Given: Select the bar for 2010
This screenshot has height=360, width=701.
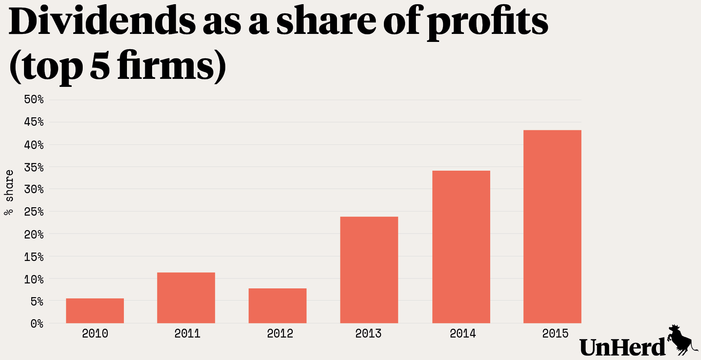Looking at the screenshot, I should point(95,310).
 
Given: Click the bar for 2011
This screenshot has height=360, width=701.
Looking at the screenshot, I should point(186,298).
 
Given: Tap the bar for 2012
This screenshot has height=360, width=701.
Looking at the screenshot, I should point(278,306).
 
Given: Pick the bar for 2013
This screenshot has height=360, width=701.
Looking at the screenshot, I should point(369,270).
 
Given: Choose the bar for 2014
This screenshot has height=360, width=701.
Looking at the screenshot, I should point(461,247).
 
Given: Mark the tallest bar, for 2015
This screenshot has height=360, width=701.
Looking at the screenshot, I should point(552,227).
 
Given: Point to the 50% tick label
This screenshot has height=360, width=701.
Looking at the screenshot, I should point(34,100).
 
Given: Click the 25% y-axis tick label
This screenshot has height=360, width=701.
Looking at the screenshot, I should point(34,212).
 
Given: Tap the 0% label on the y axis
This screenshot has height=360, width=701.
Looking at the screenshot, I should point(37,324).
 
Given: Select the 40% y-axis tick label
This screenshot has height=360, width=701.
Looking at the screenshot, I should point(34,145).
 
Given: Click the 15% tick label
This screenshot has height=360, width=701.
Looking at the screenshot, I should point(34,257).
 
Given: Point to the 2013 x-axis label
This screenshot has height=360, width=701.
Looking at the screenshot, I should point(368,334).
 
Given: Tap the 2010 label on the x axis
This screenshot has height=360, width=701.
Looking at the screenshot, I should point(95,334).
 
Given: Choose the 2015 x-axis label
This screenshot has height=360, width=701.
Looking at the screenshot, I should point(555,334).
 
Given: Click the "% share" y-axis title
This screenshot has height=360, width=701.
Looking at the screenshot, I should point(9,192).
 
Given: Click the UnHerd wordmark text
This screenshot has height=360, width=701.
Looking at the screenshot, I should point(622,347).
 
